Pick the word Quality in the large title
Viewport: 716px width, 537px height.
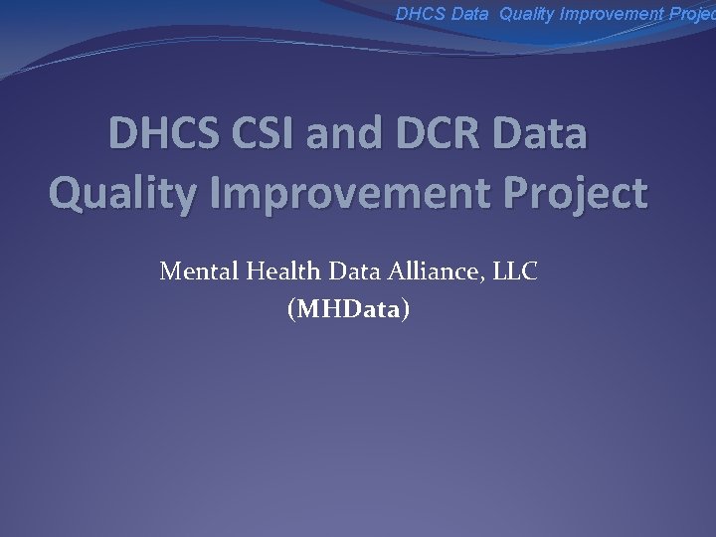(x=120, y=192)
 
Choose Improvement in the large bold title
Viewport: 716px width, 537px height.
(x=350, y=192)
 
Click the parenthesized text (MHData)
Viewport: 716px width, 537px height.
(x=347, y=310)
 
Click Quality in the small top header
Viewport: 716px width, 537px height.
(x=529, y=14)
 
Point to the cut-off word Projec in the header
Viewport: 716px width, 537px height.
(x=694, y=14)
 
